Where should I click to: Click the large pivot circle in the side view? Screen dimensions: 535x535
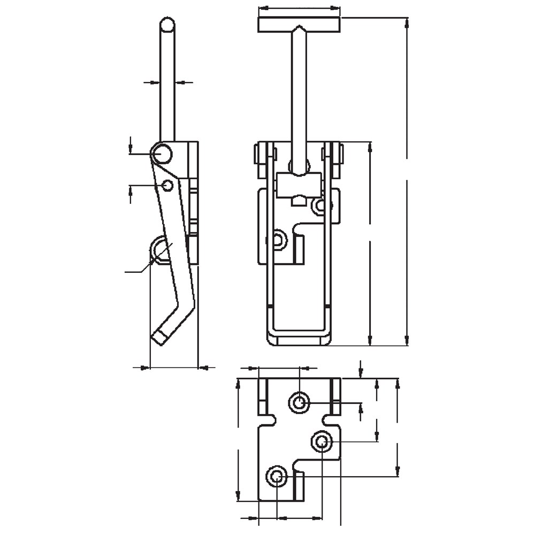pyautogui.click(x=161, y=155)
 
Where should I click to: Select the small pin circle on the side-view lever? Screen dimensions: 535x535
pyautogui.click(x=167, y=185)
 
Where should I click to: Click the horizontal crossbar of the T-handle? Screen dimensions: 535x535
pyautogui.click(x=299, y=25)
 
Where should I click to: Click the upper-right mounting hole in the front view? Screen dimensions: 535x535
pyautogui.click(x=320, y=204)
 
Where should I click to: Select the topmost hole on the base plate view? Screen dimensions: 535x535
pyautogui.click(x=299, y=402)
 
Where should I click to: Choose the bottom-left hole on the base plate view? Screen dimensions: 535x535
pyautogui.click(x=277, y=476)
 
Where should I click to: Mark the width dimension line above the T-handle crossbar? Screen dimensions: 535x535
pyautogui.click(x=299, y=9)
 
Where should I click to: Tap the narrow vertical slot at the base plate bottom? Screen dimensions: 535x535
pyautogui.click(x=299, y=486)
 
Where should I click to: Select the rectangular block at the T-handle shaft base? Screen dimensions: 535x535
pyautogui.click(x=299, y=185)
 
